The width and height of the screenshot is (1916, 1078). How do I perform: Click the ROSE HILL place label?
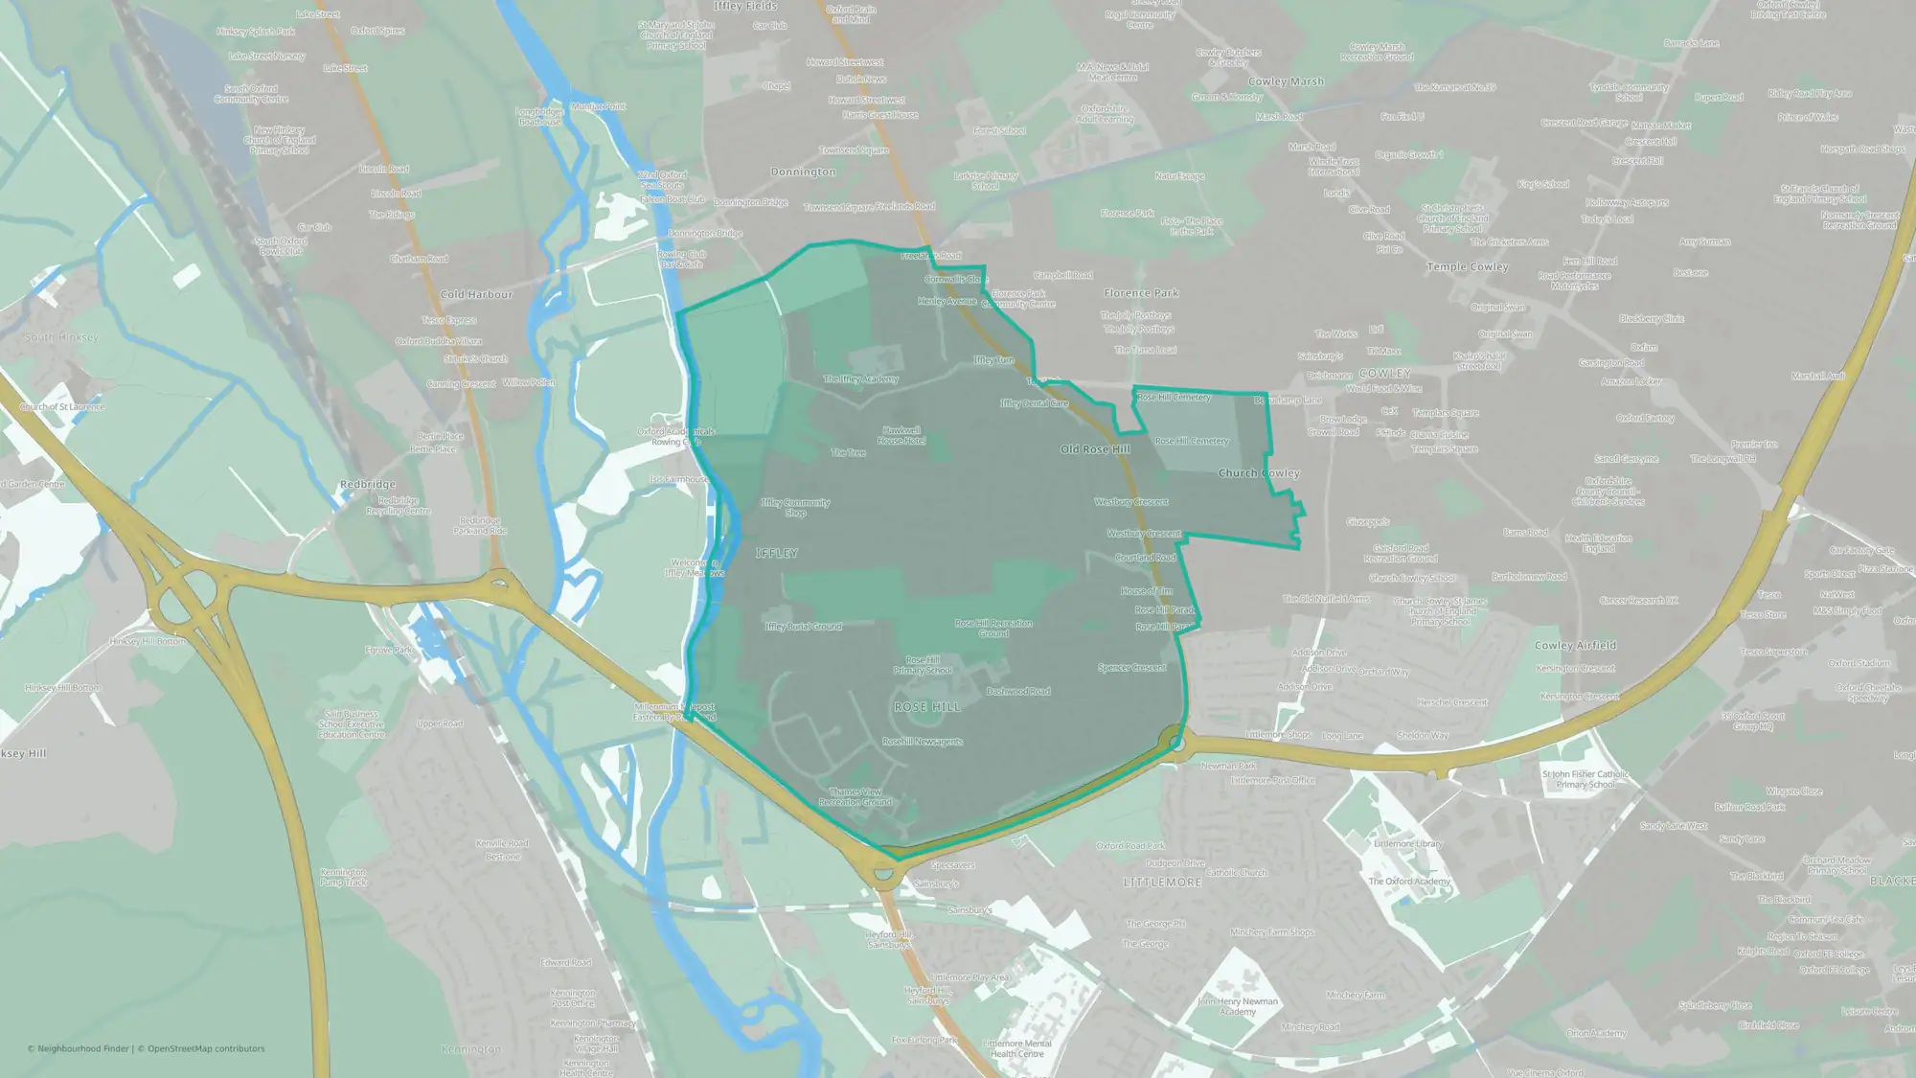926,707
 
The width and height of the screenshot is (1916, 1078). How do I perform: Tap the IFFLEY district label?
776,554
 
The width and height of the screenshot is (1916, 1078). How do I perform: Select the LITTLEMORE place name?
1162,883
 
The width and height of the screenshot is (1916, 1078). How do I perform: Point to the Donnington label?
803,172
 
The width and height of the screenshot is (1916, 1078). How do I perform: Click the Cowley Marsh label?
1286,82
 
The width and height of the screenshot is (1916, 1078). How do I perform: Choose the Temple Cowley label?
1467,267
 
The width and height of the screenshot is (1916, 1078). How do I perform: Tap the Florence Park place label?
1140,293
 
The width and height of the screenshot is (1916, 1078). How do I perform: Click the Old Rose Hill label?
1095,449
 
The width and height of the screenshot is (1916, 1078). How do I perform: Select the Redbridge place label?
367,485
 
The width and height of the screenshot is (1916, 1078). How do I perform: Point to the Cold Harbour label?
476,295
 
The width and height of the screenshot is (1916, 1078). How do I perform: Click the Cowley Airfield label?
1575,646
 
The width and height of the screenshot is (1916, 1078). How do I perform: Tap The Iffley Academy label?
860,379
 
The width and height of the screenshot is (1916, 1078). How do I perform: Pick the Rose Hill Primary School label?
923,665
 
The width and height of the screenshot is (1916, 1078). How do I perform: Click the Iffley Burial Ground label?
803,627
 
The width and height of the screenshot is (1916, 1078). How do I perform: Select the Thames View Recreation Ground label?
855,797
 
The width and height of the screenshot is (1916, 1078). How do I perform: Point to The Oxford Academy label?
1408,882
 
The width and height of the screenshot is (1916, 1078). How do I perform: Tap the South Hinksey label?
61,338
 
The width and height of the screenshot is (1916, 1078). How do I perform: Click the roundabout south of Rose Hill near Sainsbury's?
883,874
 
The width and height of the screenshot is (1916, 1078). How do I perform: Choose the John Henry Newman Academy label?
1238,1006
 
